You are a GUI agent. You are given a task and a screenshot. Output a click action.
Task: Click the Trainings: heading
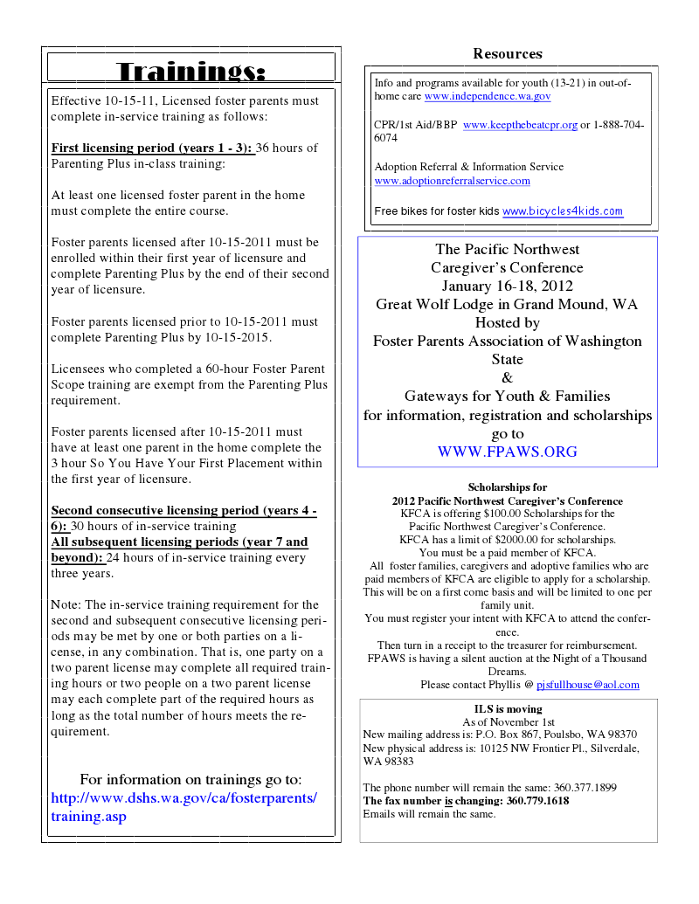point(190,70)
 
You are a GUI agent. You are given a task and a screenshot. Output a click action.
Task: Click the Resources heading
point(508,54)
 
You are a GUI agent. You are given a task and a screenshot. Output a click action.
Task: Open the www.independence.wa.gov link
point(488,97)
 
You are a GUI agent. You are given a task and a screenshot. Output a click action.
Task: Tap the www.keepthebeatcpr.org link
point(520,126)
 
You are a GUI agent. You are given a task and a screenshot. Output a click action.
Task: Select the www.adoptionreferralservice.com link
point(452,181)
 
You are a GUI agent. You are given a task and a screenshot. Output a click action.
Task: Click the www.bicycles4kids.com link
point(563,211)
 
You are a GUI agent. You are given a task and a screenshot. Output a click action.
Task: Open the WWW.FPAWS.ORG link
point(507,452)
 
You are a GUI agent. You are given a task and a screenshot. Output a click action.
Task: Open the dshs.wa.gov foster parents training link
point(184,807)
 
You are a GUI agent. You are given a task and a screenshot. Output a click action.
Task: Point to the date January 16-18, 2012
point(507,286)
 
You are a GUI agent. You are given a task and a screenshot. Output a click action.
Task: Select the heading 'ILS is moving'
point(508,709)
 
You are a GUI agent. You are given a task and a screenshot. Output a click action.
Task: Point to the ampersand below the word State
point(507,378)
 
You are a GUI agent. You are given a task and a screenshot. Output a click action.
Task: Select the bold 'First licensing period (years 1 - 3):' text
point(152,148)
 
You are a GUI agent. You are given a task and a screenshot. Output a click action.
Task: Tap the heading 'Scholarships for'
point(507,487)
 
